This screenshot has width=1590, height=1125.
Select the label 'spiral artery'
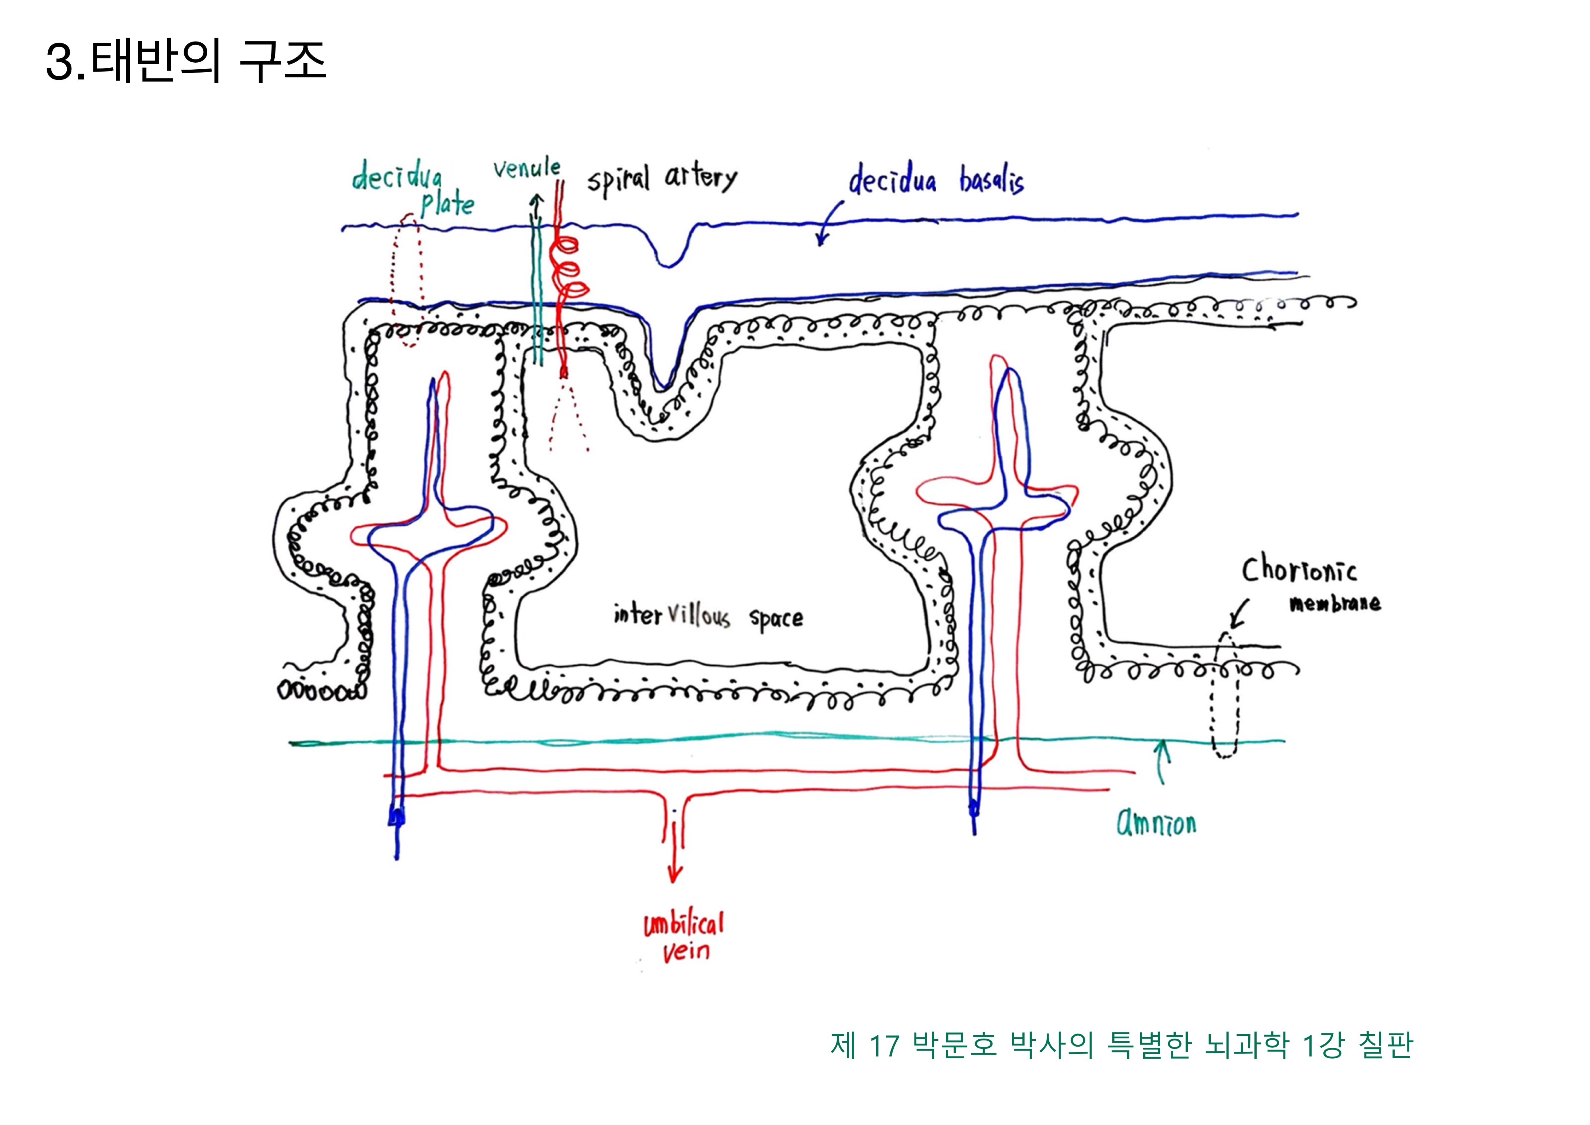point(662,179)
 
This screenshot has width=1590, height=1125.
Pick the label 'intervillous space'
point(708,616)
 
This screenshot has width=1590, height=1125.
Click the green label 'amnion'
point(1156,823)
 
